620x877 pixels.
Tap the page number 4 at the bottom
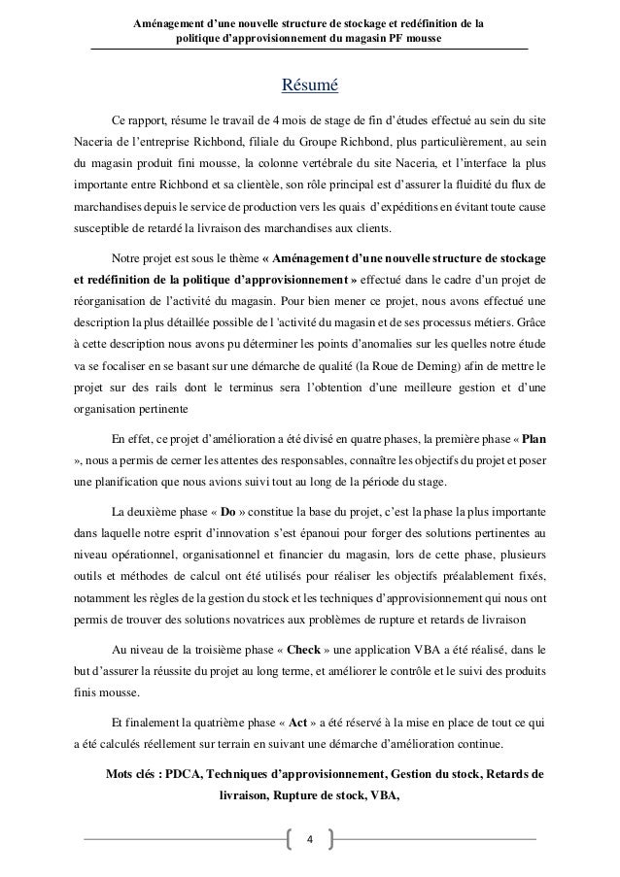coord(310,838)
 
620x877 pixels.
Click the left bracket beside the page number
coord(288,838)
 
